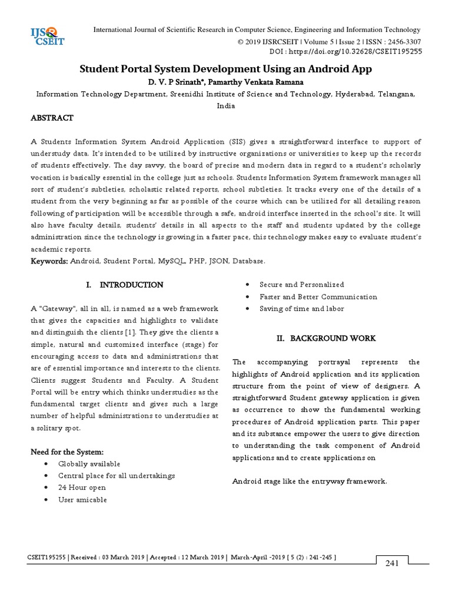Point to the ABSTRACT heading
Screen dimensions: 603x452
[x=52, y=118]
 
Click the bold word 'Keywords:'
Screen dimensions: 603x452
[x=49, y=260]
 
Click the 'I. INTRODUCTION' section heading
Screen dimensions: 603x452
[x=125, y=285]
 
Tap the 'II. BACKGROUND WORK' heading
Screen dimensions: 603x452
[x=326, y=338]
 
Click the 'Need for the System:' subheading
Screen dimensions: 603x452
[x=67, y=452]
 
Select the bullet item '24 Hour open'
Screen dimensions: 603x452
[x=82, y=488]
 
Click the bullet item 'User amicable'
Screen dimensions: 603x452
[x=82, y=500]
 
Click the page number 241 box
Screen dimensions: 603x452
[x=392, y=564]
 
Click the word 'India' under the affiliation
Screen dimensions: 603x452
[x=226, y=106]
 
